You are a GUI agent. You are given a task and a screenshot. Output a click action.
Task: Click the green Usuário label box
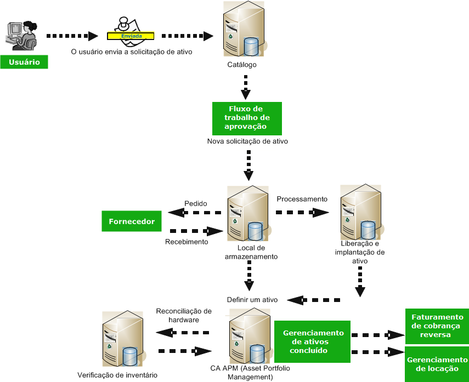(x=24, y=62)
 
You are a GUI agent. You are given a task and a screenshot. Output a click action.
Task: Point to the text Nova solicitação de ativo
(x=247, y=141)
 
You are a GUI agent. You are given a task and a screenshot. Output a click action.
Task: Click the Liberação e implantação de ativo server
(x=359, y=211)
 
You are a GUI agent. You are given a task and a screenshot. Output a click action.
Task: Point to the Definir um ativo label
(x=252, y=300)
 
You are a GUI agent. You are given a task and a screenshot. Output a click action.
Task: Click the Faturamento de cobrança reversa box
(x=437, y=326)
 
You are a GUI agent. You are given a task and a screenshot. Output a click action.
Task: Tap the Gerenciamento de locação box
(x=437, y=364)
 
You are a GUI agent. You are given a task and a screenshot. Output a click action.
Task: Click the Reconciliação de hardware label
(x=183, y=315)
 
